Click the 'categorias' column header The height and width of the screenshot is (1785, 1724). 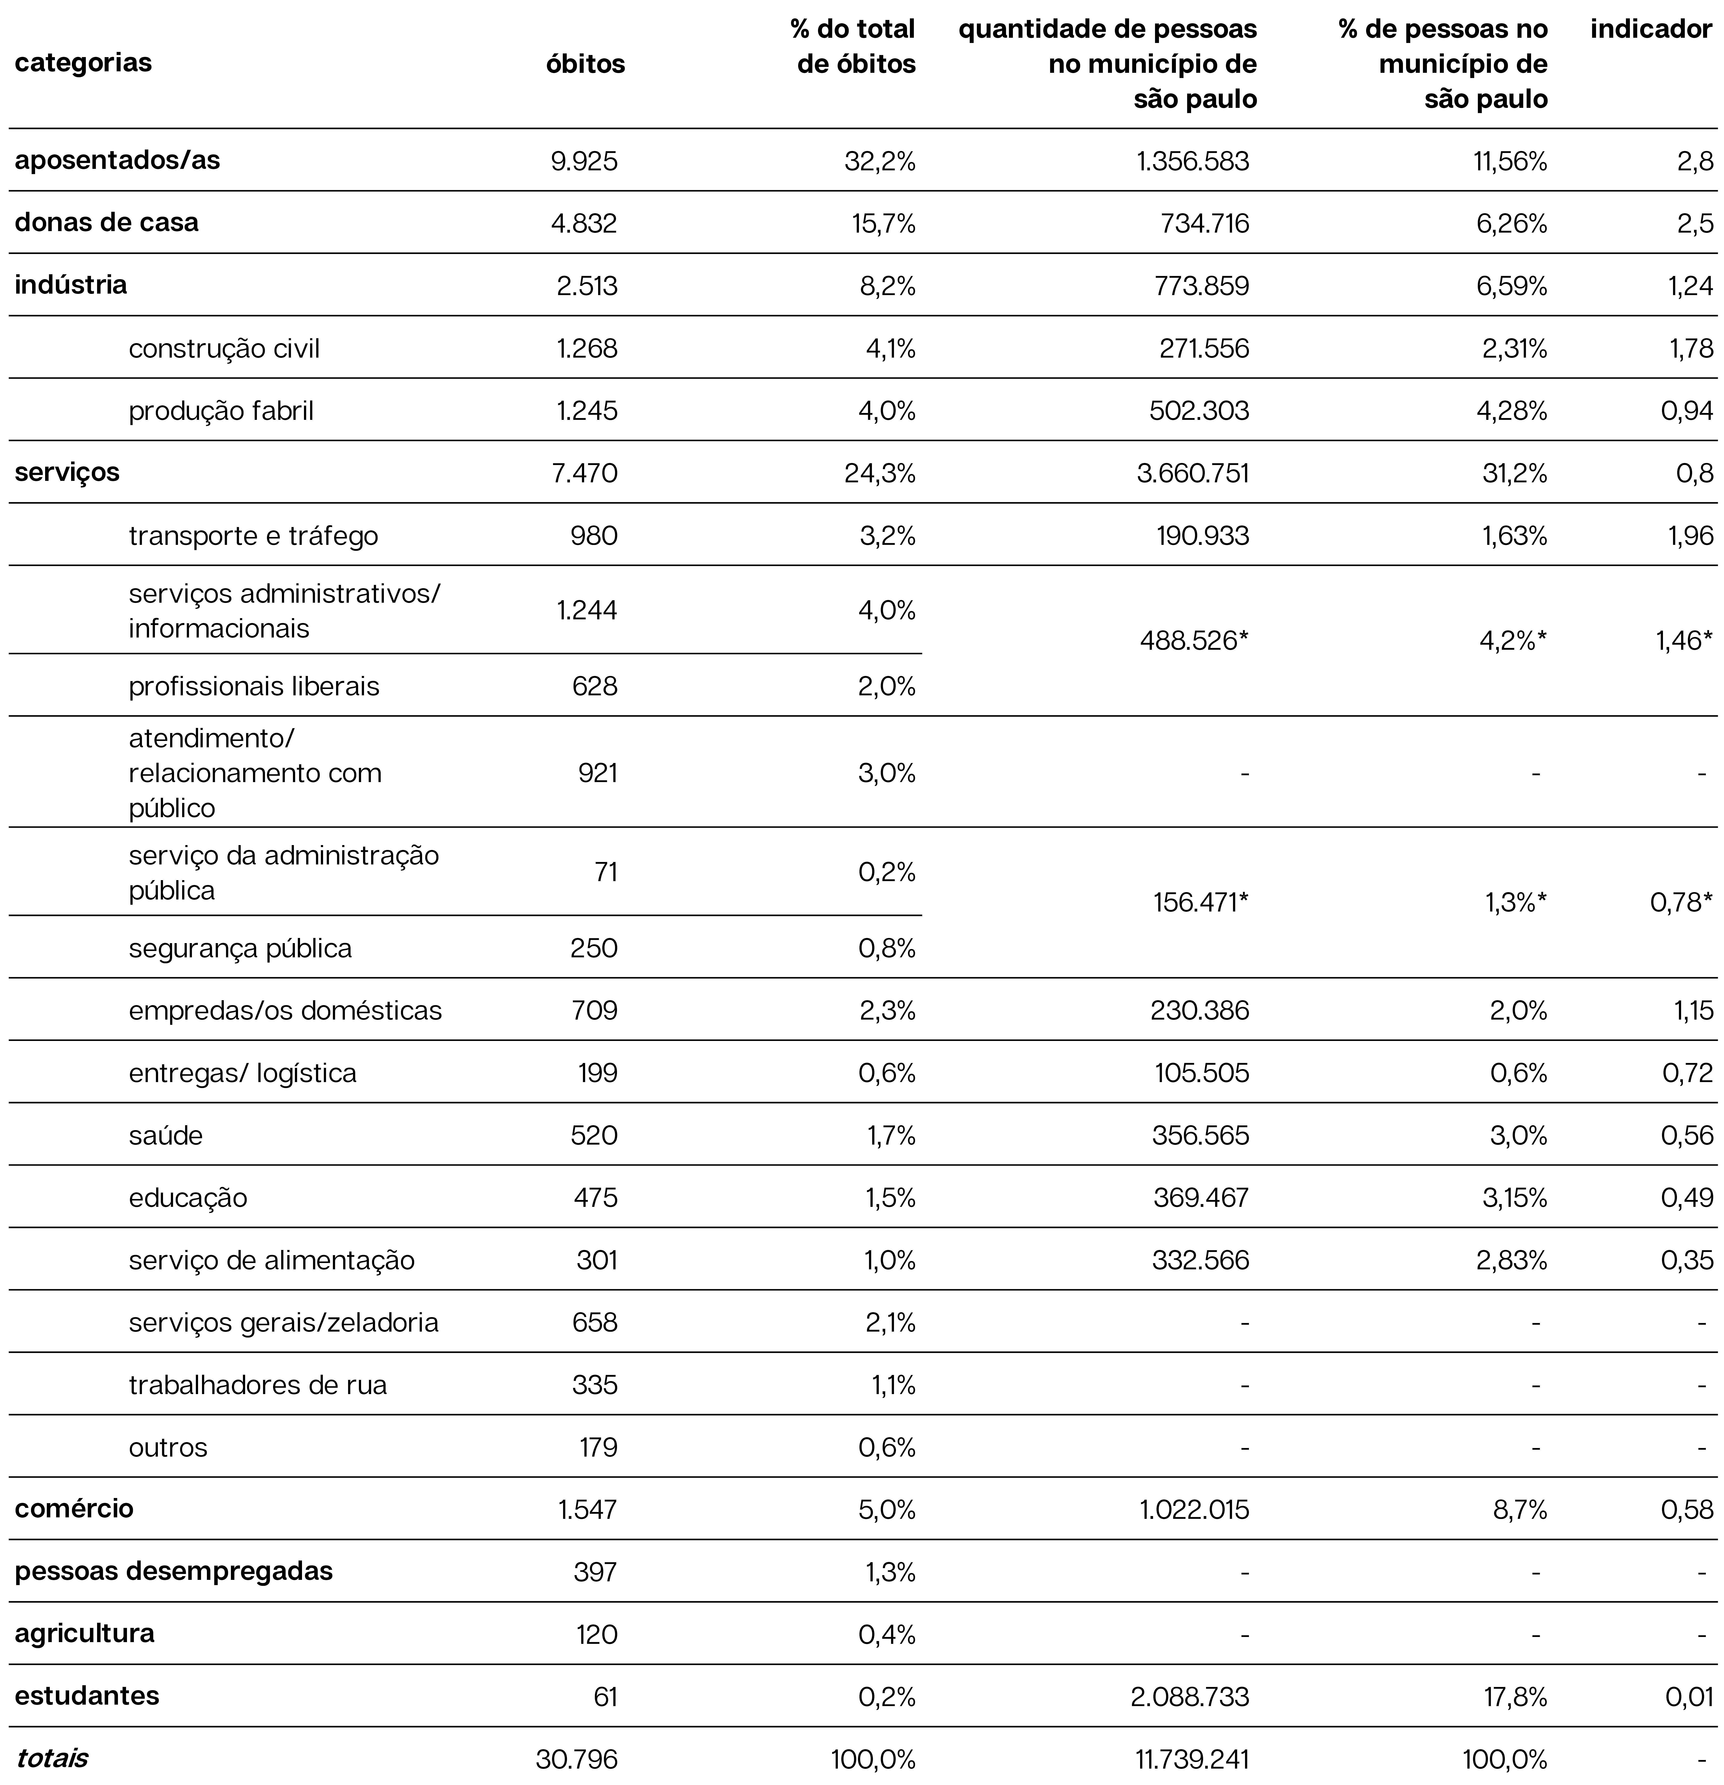(x=83, y=63)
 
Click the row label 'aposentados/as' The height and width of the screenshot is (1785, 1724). (x=117, y=160)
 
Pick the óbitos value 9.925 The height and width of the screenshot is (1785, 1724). (x=584, y=161)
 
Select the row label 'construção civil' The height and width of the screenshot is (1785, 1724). (x=224, y=349)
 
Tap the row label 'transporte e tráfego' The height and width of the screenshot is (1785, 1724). (x=253, y=536)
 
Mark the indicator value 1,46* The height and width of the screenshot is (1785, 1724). (x=1683, y=641)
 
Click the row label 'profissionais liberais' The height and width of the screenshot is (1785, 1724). (x=254, y=686)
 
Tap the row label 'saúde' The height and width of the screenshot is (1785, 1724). (x=166, y=1136)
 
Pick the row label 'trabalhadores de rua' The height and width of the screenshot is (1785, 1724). (x=258, y=1385)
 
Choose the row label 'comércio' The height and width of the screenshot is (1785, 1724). (x=74, y=1509)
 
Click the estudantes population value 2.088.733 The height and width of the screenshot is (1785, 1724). (x=1193, y=1697)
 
